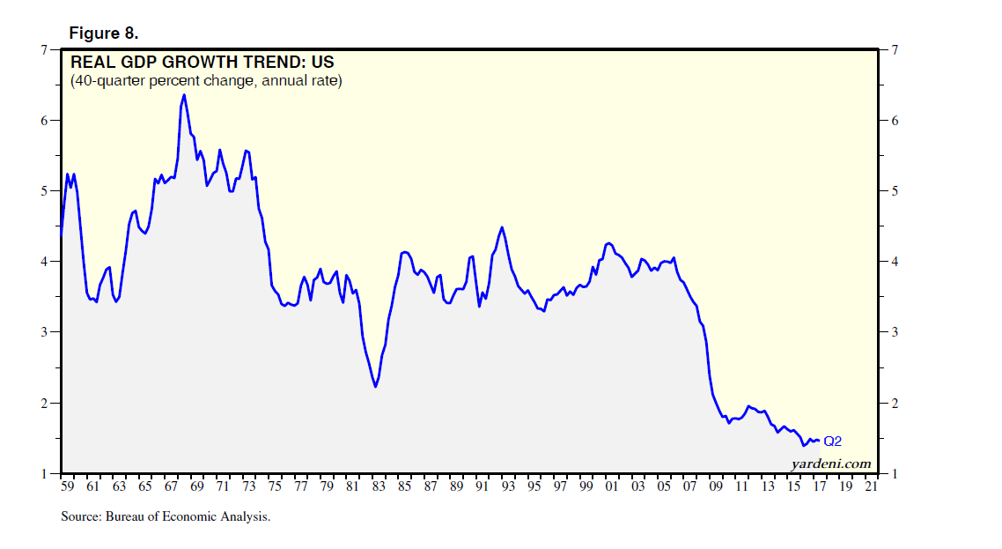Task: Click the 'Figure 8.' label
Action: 103,33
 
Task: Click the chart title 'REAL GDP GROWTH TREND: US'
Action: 202,63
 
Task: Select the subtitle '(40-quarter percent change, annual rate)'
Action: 206,81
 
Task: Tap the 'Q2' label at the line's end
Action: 833,441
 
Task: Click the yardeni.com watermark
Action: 830,464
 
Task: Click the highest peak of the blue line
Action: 183,95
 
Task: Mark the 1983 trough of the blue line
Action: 375,386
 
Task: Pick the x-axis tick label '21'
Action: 870,486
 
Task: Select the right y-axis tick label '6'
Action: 894,121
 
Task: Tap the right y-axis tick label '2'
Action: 894,404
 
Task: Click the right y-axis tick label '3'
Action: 894,332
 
